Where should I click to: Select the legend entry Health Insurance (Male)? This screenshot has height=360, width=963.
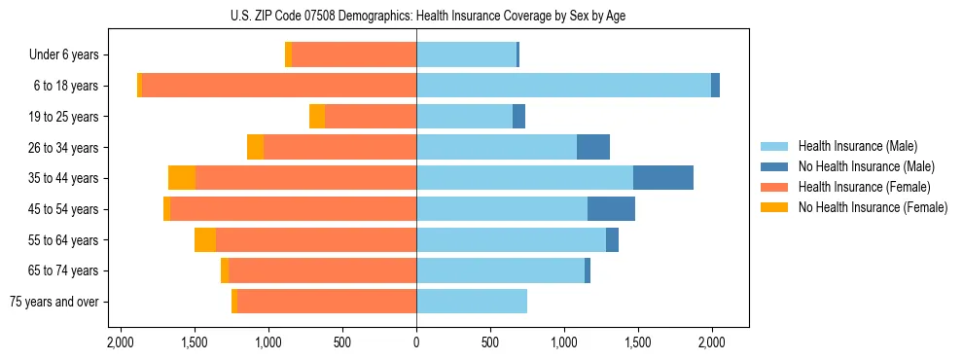(857, 147)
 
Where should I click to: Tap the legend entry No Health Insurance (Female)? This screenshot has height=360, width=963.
(872, 207)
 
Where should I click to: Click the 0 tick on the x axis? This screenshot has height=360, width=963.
(416, 342)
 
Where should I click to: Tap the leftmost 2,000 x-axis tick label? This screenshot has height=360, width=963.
(121, 342)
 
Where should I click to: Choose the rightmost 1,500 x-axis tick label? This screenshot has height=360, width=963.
(638, 342)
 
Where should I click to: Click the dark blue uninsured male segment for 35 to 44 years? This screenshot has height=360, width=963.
(663, 178)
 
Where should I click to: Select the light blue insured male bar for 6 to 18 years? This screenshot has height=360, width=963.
(563, 86)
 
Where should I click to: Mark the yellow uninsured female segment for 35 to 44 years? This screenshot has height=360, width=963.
(182, 178)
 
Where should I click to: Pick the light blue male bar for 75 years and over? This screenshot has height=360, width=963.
(472, 302)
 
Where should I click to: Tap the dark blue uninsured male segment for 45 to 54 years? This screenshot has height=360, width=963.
(611, 209)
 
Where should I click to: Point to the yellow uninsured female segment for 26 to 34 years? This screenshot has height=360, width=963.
(256, 147)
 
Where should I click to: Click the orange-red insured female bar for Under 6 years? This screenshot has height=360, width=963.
(354, 54)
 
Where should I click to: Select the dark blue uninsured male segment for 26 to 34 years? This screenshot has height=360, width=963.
(593, 147)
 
